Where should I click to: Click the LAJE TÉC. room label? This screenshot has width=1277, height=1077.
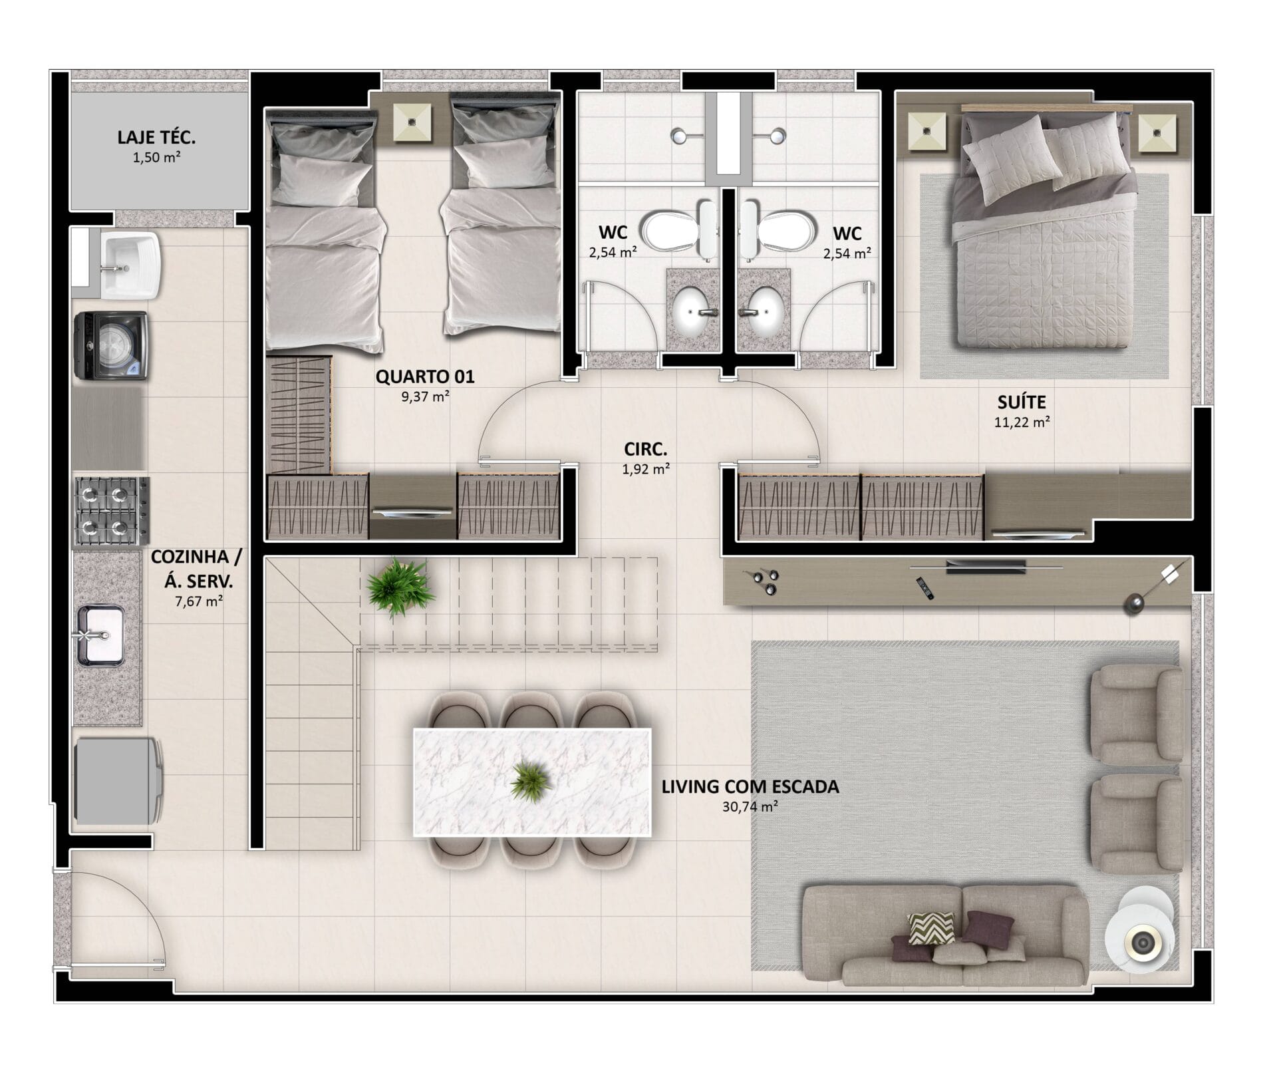tap(156, 138)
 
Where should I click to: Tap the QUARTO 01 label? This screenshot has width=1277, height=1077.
tap(425, 377)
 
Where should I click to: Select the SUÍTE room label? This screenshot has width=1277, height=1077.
tap(1022, 402)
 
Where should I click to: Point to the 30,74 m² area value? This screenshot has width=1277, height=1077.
tap(750, 807)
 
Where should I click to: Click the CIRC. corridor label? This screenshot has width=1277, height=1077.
tap(645, 449)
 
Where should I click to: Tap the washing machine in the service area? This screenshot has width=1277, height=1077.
tap(110, 346)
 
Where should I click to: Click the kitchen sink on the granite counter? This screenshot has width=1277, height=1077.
tap(100, 635)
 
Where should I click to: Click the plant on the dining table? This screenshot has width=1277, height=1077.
tap(531, 781)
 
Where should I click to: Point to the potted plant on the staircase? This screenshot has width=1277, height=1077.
tap(398, 587)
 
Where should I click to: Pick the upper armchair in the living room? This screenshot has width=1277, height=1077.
tap(1136, 715)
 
